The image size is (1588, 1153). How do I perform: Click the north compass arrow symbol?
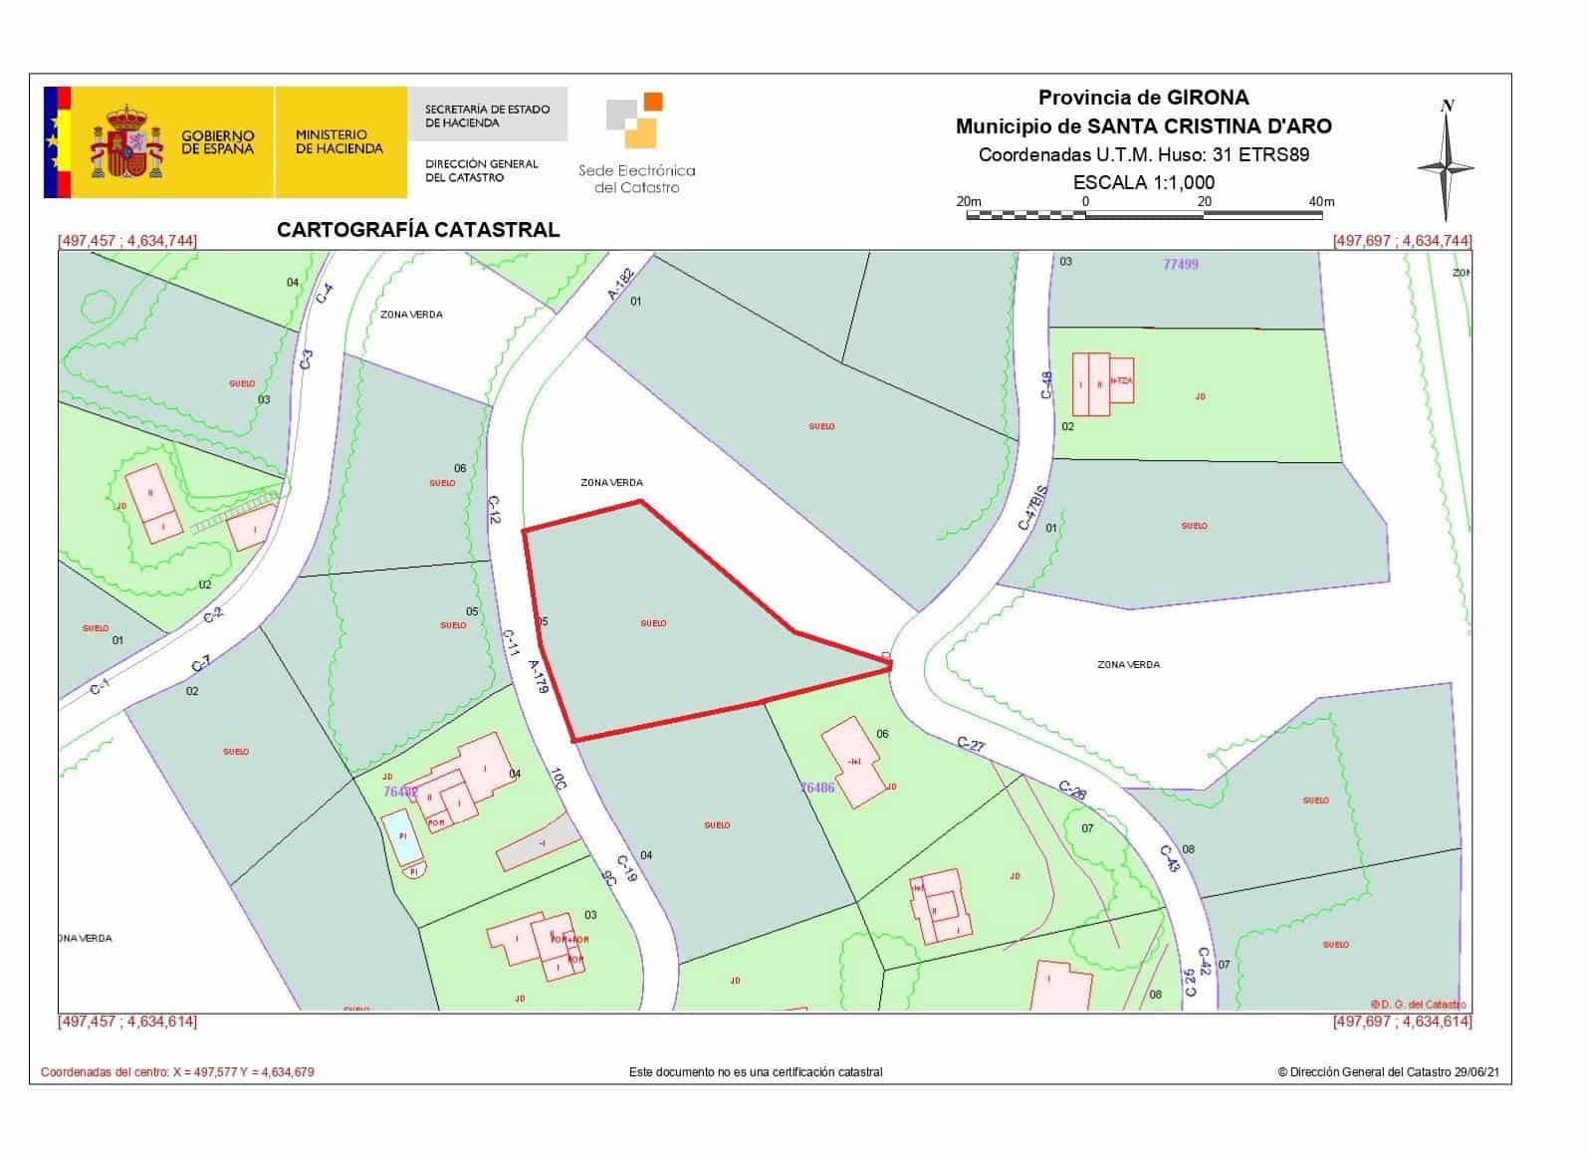point(1447,163)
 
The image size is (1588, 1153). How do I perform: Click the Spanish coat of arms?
point(126,141)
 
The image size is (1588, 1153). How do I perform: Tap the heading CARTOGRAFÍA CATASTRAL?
point(418,230)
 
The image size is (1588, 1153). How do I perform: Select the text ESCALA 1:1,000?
point(1143,182)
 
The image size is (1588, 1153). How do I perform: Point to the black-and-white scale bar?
point(1144,213)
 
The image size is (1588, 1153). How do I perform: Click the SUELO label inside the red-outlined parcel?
point(653,623)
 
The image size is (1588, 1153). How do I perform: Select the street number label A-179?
point(539,676)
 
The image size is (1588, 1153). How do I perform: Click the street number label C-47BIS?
point(1032,508)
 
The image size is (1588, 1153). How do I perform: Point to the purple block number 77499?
point(1181,264)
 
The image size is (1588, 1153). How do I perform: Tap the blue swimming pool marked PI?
point(400,834)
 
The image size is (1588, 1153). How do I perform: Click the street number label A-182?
point(621,284)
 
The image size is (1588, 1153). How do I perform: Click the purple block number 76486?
point(817,787)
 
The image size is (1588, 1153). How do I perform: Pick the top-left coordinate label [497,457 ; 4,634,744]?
point(127,241)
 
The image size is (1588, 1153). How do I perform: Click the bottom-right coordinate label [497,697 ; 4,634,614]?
point(1402,1022)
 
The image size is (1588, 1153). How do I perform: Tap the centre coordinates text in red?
point(177,1072)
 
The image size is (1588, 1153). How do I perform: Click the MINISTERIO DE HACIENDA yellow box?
point(340,141)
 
